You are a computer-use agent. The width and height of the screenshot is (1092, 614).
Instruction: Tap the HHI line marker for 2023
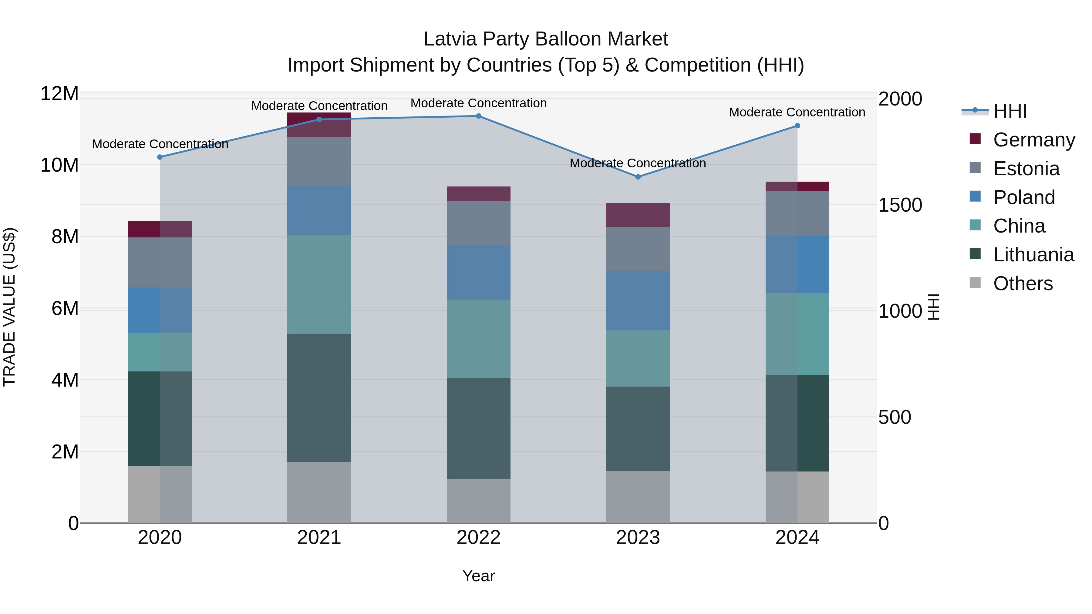(638, 177)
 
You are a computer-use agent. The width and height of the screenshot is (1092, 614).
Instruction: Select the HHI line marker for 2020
(160, 157)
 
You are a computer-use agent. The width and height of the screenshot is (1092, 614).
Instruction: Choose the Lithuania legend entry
(1033, 255)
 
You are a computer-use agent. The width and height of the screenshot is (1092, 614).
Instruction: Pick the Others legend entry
(1023, 284)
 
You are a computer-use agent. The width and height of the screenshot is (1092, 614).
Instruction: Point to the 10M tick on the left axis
(59, 165)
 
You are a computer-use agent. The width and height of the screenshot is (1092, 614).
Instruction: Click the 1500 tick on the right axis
(900, 205)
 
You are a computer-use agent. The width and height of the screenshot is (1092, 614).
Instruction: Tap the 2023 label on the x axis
(638, 538)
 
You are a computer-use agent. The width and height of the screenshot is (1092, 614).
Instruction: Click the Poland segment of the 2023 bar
(638, 300)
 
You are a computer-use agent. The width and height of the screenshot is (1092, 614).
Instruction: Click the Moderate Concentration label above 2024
(797, 112)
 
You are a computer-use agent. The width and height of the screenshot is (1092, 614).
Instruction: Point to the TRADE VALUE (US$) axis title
(9, 307)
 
